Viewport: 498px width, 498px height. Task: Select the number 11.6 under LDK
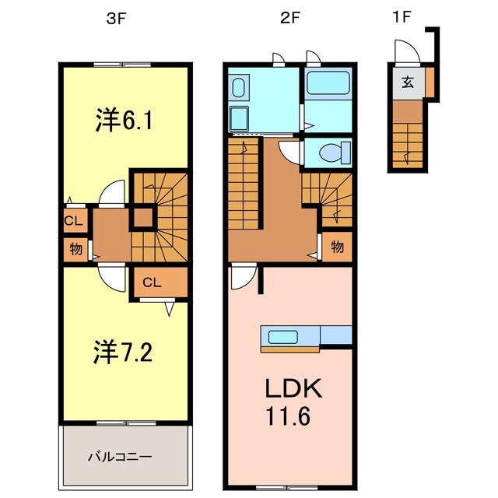290,419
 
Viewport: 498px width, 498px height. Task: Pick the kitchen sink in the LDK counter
282,336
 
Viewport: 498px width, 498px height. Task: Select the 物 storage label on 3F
75,250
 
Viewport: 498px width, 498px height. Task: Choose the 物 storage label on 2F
337,247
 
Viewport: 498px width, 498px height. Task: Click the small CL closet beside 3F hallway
73,221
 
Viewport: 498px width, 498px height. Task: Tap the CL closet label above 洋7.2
153,282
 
